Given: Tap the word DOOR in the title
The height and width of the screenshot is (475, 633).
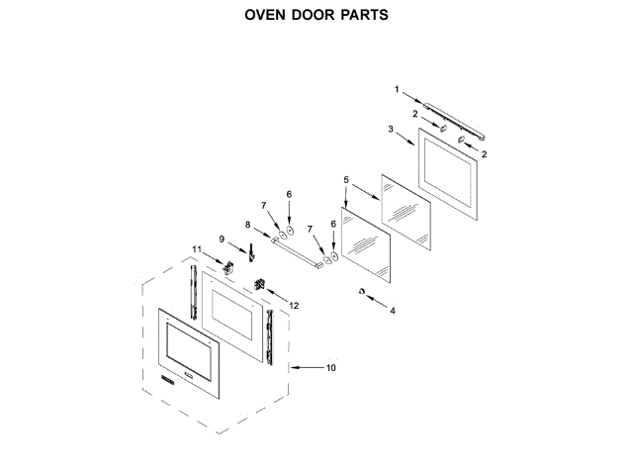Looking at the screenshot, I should [313, 16].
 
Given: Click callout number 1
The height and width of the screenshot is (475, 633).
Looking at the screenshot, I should [397, 89].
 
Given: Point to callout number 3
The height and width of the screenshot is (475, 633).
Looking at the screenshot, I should [391, 130].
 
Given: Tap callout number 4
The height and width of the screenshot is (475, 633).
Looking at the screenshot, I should [392, 311].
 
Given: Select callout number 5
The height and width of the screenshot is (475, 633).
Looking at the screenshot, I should [345, 180].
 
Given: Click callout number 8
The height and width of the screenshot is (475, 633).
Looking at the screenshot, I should [248, 224].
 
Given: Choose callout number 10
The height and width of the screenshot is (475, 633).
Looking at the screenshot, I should [330, 368].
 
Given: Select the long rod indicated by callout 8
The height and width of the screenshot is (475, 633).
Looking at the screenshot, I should [292, 252].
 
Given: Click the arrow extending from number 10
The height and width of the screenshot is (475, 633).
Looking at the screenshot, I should [307, 368].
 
